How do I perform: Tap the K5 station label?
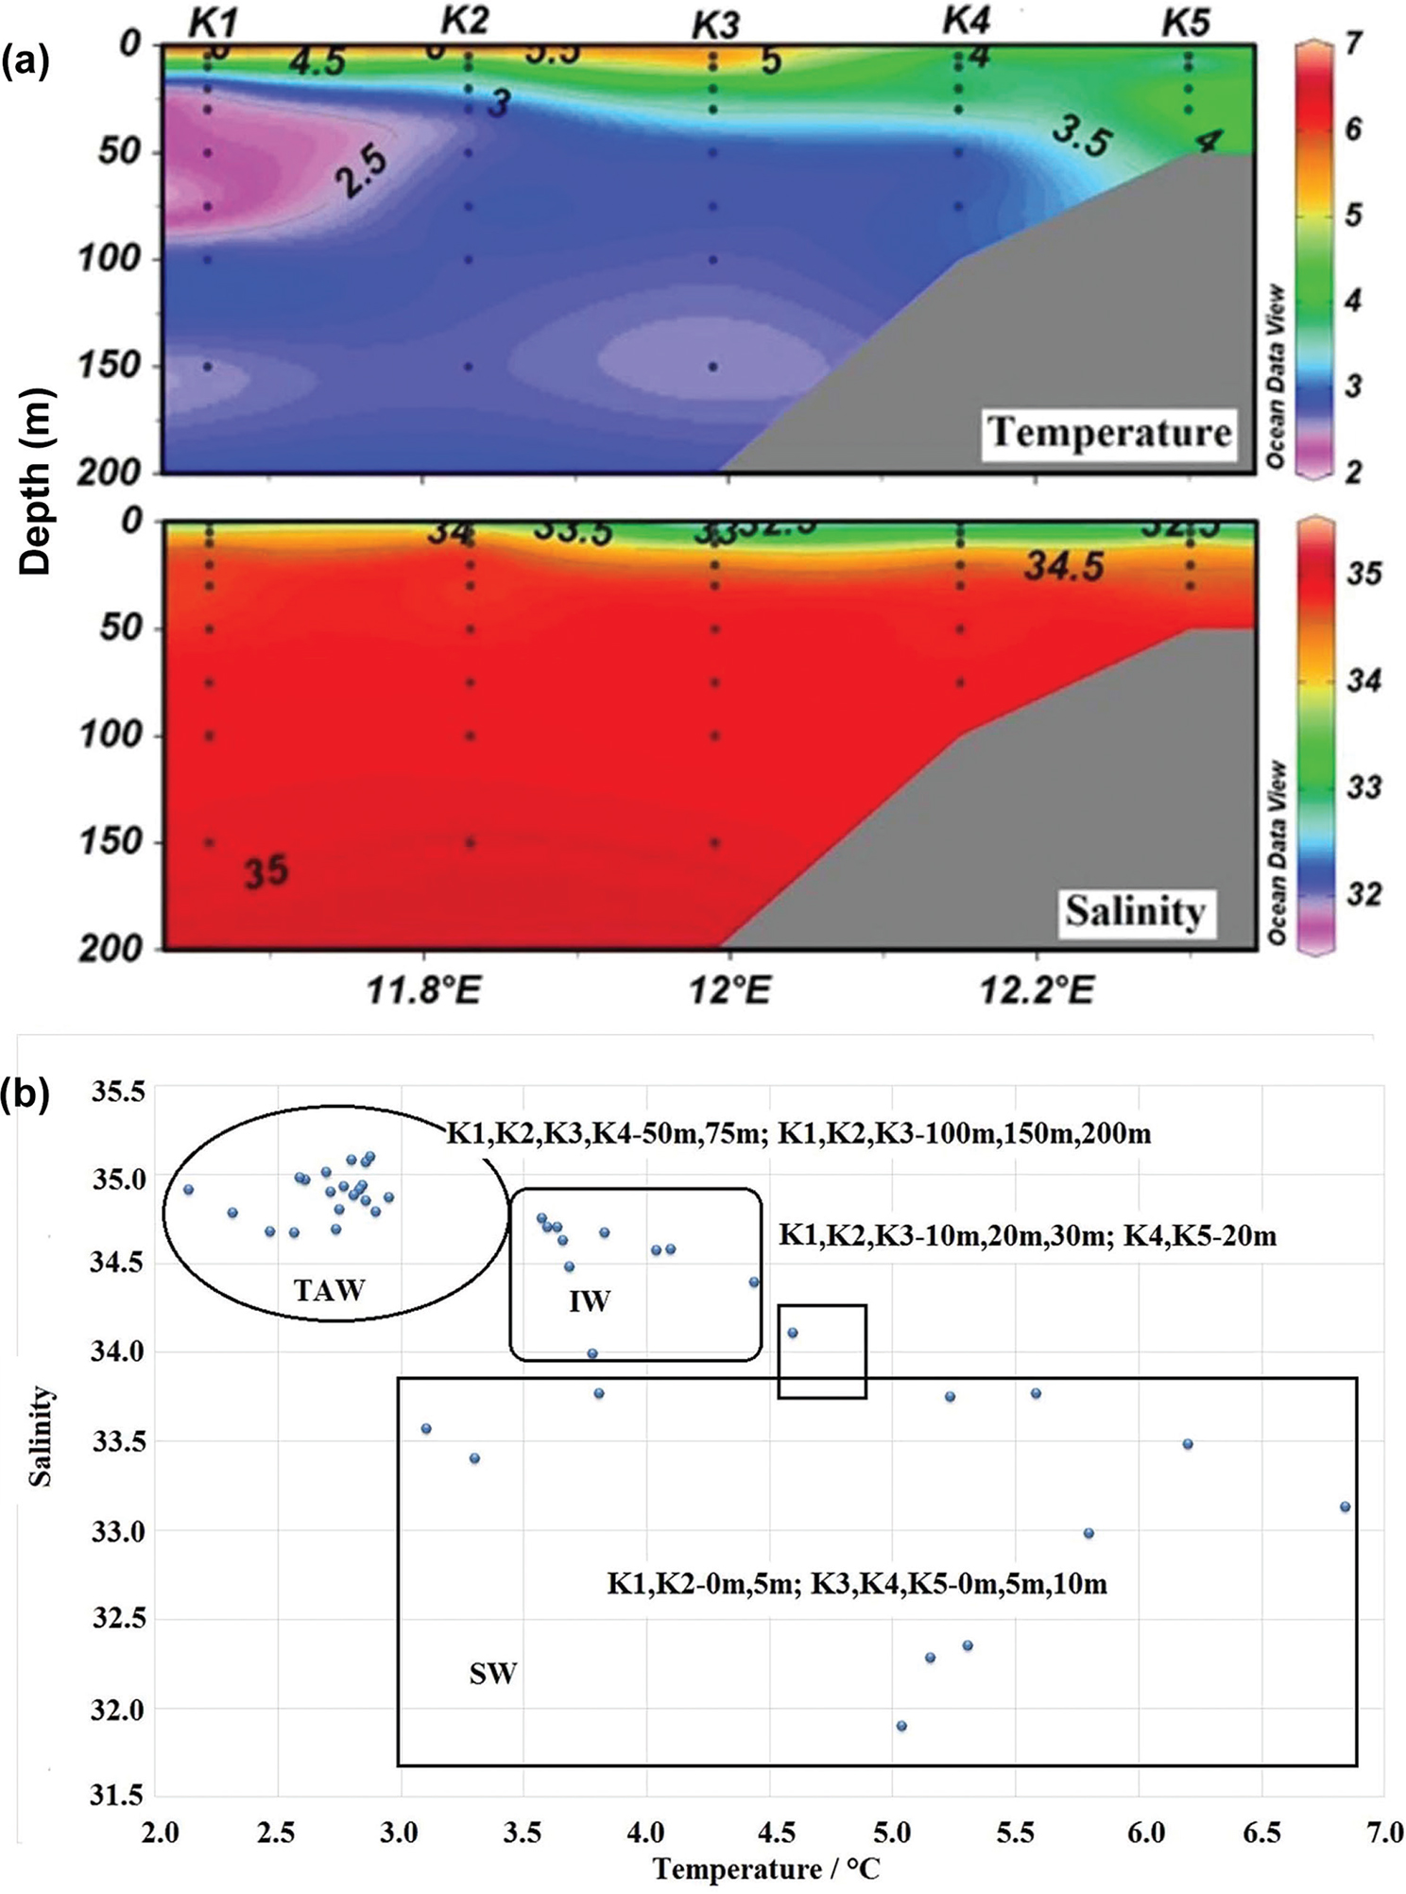[1187, 23]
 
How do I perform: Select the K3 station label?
[715, 26]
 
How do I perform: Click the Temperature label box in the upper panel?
[1109, 434]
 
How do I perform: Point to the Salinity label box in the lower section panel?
[1135, 911]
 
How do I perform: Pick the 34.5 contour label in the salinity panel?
[1064, 567]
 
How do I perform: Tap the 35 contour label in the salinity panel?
[266, 870]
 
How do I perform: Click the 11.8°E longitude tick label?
[423, 991]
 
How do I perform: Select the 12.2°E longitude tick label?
[1037, 991]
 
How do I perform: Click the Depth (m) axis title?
[36, 482]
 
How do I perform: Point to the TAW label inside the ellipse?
[329, 1290]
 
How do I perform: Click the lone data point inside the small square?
[793, 1333]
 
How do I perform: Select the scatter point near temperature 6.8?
[1346, 1507]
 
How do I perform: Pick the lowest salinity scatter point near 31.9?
[901, 1726]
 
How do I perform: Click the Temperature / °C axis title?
[765, 1868]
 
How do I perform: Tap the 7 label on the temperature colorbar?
[1354, 43]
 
